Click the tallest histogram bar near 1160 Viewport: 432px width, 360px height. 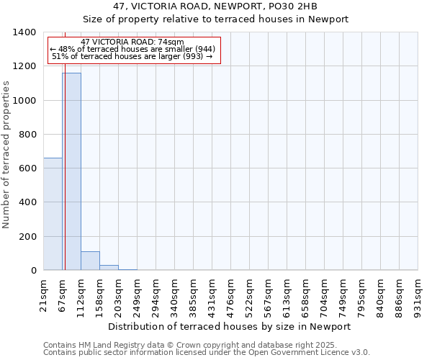[x=71, y=173]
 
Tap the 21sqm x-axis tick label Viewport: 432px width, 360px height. [x=43, y=294]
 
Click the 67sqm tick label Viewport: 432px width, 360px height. [x=62, y=294]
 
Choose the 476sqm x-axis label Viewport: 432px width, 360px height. [x=230, y=294]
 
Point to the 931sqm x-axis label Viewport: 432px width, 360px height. [x=418, y=294]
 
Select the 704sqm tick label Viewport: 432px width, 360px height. [x=324, y=294]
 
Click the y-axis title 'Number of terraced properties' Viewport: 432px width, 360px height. [x=7, y=155]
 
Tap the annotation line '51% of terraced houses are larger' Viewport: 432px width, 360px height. [x=132, y=56]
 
